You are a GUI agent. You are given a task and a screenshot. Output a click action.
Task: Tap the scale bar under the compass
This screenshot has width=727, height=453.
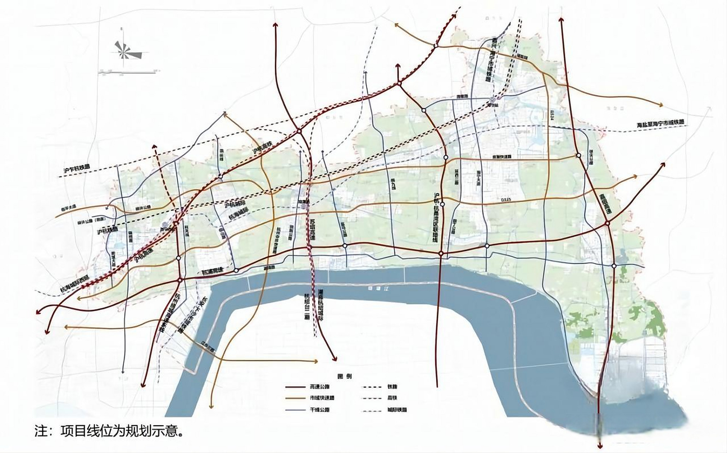pyautogui.click(x=127, y=72)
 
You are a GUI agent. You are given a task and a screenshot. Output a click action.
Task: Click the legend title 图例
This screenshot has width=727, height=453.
pyautogui.click(x=345, y=376)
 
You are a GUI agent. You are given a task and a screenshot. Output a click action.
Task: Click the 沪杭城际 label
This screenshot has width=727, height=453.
pyautogui.click(x=235, y=205)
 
